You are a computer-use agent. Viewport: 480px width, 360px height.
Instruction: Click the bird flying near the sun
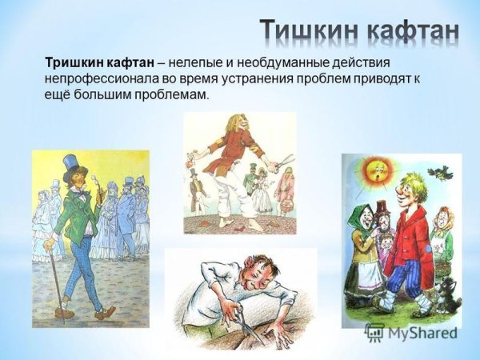click(438, 170)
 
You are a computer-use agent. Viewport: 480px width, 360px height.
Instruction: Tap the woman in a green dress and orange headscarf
click(441, 240)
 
